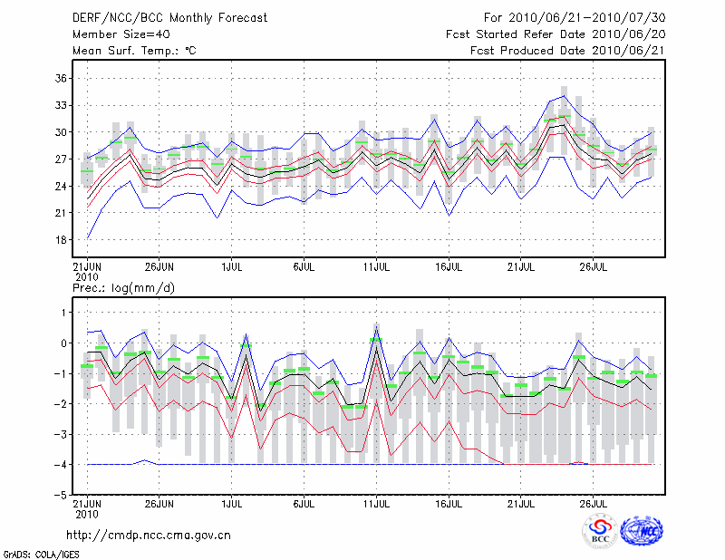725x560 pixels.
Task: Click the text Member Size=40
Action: click(x=121, y=34)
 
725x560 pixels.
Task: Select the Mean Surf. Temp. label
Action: click(x=134, y=51)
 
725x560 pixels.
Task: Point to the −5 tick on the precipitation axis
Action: click(x=60, y=495)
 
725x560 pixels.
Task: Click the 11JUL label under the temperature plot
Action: click(x=376, y=267)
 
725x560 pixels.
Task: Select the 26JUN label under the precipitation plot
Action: click(x=159, y=503)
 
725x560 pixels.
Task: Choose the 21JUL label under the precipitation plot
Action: click(x=520, y=503)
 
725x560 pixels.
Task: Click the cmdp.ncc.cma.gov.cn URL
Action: click(x=149, y=535)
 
